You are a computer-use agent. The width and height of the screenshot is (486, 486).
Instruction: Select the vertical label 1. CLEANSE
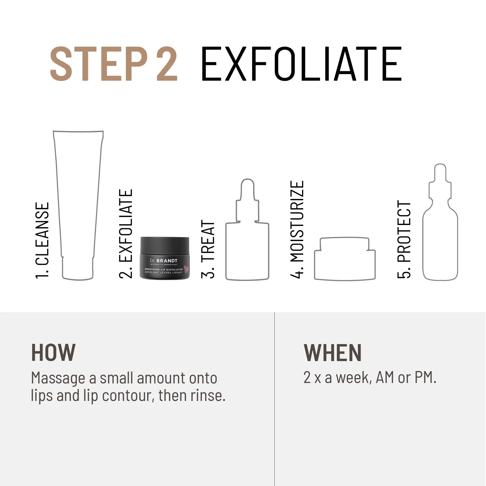(42, 240)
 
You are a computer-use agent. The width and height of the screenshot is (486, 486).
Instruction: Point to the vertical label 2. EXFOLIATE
(126, 234)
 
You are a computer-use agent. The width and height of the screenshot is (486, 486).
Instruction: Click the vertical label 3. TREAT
(208, 249)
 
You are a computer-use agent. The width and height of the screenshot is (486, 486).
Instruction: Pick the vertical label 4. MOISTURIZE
(297, 229)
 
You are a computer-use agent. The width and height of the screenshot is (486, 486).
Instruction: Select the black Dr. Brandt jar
(165, 258)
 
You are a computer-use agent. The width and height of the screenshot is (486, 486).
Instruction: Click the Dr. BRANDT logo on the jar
(164, 260)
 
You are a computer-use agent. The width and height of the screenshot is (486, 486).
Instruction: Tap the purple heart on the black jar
(186, 269)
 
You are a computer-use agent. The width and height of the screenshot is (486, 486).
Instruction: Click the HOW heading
(53, 353)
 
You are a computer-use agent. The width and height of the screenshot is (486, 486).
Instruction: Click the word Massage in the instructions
(58, 378)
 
